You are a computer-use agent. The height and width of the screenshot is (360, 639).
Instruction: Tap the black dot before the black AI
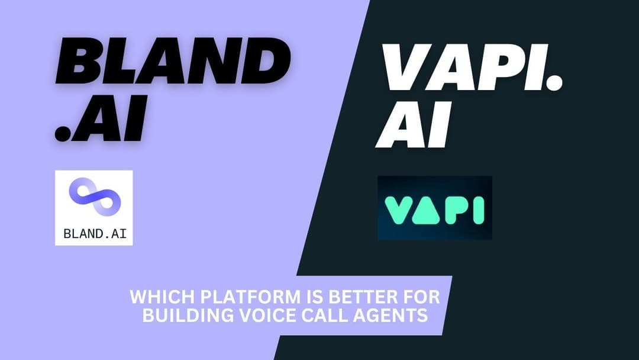pyautogui.click(x=63, y=133)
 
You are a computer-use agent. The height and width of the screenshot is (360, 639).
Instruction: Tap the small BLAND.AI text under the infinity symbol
pyautogui.click(x=95, y=233)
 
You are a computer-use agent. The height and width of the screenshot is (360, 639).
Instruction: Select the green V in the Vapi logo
pyautogui.click(x=398, y=210)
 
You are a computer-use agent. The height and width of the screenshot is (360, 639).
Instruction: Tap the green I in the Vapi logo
pyautogui.click(x=479, y=210)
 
